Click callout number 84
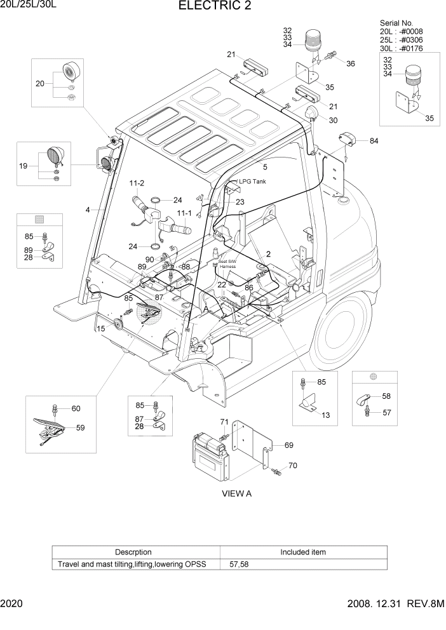pos(374,140)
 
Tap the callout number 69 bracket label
pos(288,445)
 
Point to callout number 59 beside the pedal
pos(80,427)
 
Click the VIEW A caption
pos(236,493)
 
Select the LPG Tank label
pos(252,182)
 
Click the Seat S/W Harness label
pos(227,264)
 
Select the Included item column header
pos(302,552)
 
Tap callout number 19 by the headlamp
pos(23,166)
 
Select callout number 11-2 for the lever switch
pos(137,184)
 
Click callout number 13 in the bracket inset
pos(325,415)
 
